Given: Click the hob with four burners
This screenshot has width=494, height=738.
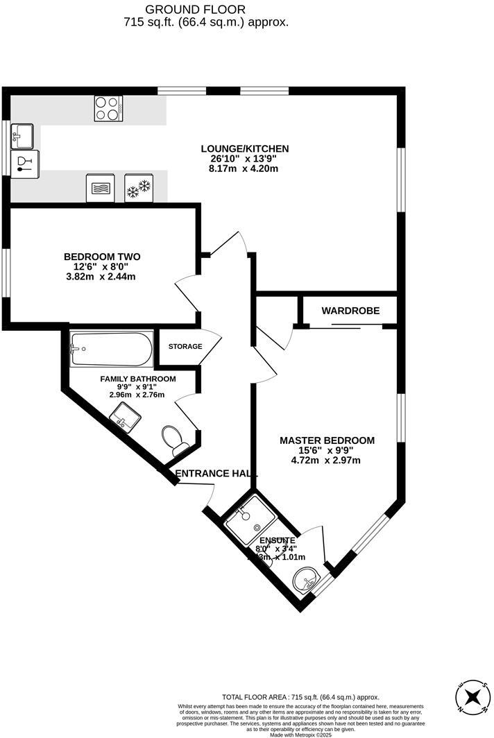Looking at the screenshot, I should click(108, 108).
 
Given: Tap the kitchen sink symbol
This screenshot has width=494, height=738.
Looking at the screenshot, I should click(22, 136).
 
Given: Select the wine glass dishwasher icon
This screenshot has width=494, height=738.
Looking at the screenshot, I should click(25, 164).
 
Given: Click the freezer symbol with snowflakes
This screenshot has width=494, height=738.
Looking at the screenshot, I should click(138, 188).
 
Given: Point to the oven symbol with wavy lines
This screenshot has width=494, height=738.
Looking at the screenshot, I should click(100, 188).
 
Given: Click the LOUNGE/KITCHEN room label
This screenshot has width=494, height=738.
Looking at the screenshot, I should click(244, 148).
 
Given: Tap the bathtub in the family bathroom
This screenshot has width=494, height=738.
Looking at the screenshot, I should click(111, 350).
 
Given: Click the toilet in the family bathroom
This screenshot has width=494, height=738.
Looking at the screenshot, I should click(174, 440).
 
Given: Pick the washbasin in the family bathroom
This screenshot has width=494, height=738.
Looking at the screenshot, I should click(125, 418).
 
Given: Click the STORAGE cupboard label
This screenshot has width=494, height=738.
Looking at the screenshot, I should click(185, 346).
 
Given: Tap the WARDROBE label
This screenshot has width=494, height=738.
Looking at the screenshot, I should click(350, 311).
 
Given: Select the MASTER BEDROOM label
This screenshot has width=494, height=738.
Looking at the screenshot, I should click(327, 440).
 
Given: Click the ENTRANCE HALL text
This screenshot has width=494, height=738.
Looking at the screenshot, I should click(216, 473).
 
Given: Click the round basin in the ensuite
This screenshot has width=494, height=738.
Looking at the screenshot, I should click(306, 578).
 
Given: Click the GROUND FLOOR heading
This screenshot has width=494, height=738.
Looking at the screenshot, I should click(195, 9).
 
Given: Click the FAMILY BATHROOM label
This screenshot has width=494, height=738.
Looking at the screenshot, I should click(138, 379).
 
